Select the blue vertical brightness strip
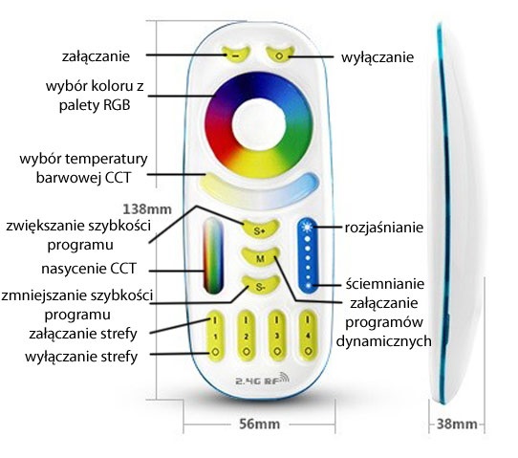tap(305, 253)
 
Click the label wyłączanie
tap(378, 57)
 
